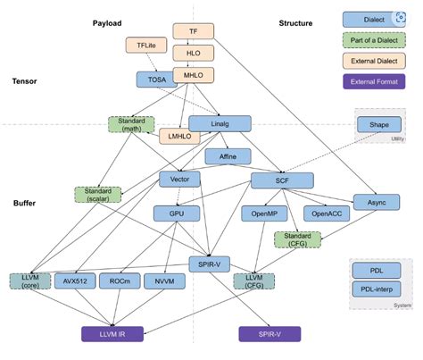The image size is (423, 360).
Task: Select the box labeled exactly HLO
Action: [x=192, y=53]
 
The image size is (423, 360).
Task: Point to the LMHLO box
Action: [x=178, y=137]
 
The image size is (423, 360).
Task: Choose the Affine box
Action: [x=220, y=156]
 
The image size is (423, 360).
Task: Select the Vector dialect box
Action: [x=174, y=180]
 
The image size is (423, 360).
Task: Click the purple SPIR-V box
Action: [x=270, y=334]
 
